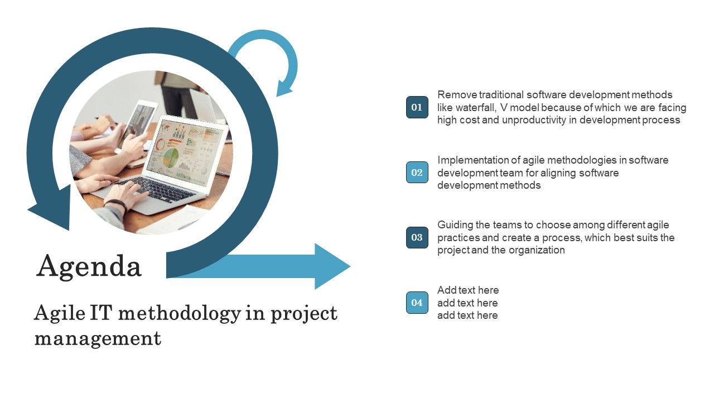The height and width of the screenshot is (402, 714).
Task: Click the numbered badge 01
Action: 417,107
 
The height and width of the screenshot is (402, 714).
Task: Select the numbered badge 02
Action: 417,173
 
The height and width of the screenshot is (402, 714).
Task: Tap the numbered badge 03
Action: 417,237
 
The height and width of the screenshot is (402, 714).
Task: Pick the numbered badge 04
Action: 417,303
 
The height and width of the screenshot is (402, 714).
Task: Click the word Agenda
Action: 89,266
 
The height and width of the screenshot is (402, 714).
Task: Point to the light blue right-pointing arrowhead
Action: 332,266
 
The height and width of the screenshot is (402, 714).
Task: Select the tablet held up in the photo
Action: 138,122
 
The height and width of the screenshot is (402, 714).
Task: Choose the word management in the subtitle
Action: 98,338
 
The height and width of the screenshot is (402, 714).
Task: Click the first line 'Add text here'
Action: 468,290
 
